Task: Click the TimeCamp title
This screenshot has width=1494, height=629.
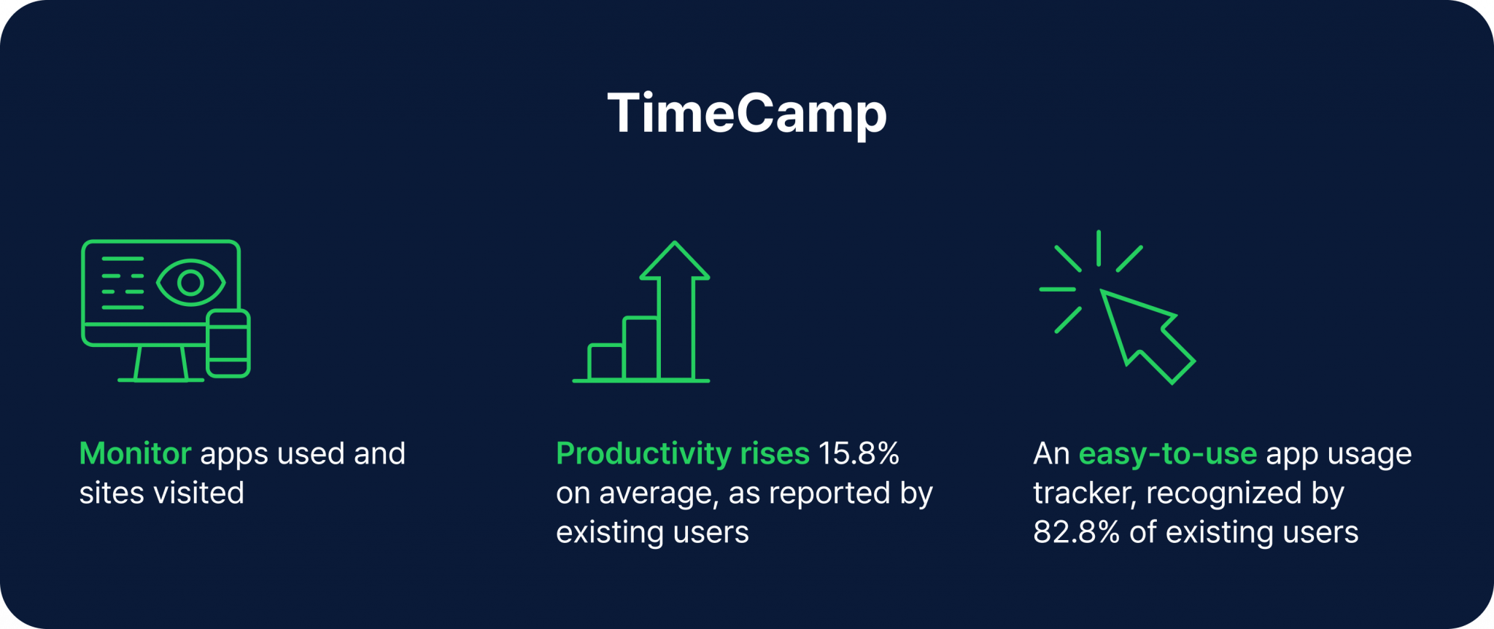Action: click(x=747, y=114)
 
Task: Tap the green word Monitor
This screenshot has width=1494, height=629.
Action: click(x=135, y=454)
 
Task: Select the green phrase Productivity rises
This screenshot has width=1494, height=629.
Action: click(x=682, y=454)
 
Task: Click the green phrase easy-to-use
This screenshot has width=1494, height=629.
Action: click(x=1167, y=454)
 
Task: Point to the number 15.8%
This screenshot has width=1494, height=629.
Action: click(x=859, y=454)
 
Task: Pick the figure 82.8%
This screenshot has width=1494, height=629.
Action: click(x=1076, y=533)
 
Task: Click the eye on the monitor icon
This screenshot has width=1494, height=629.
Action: click(x=190, y=283)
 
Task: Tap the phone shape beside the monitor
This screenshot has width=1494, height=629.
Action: click(x=228, y=343)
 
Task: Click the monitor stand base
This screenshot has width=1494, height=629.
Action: click(x=161, y=378)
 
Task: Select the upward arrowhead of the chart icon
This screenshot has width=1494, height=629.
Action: click(x=675, y=261)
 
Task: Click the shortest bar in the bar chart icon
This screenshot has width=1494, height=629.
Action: click(x=605, y=362)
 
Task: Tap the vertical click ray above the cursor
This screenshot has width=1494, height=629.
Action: click(x=1099, y=248)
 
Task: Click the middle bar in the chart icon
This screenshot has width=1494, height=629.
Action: click(x=641, y=348)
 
